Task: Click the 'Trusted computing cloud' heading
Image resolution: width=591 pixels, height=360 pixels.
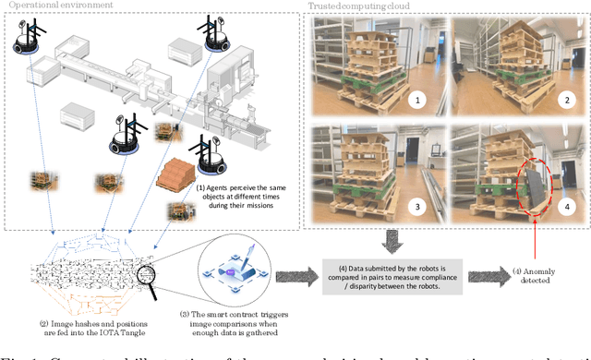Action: point(367,6)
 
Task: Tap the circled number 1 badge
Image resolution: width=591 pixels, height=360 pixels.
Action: point(417,96)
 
